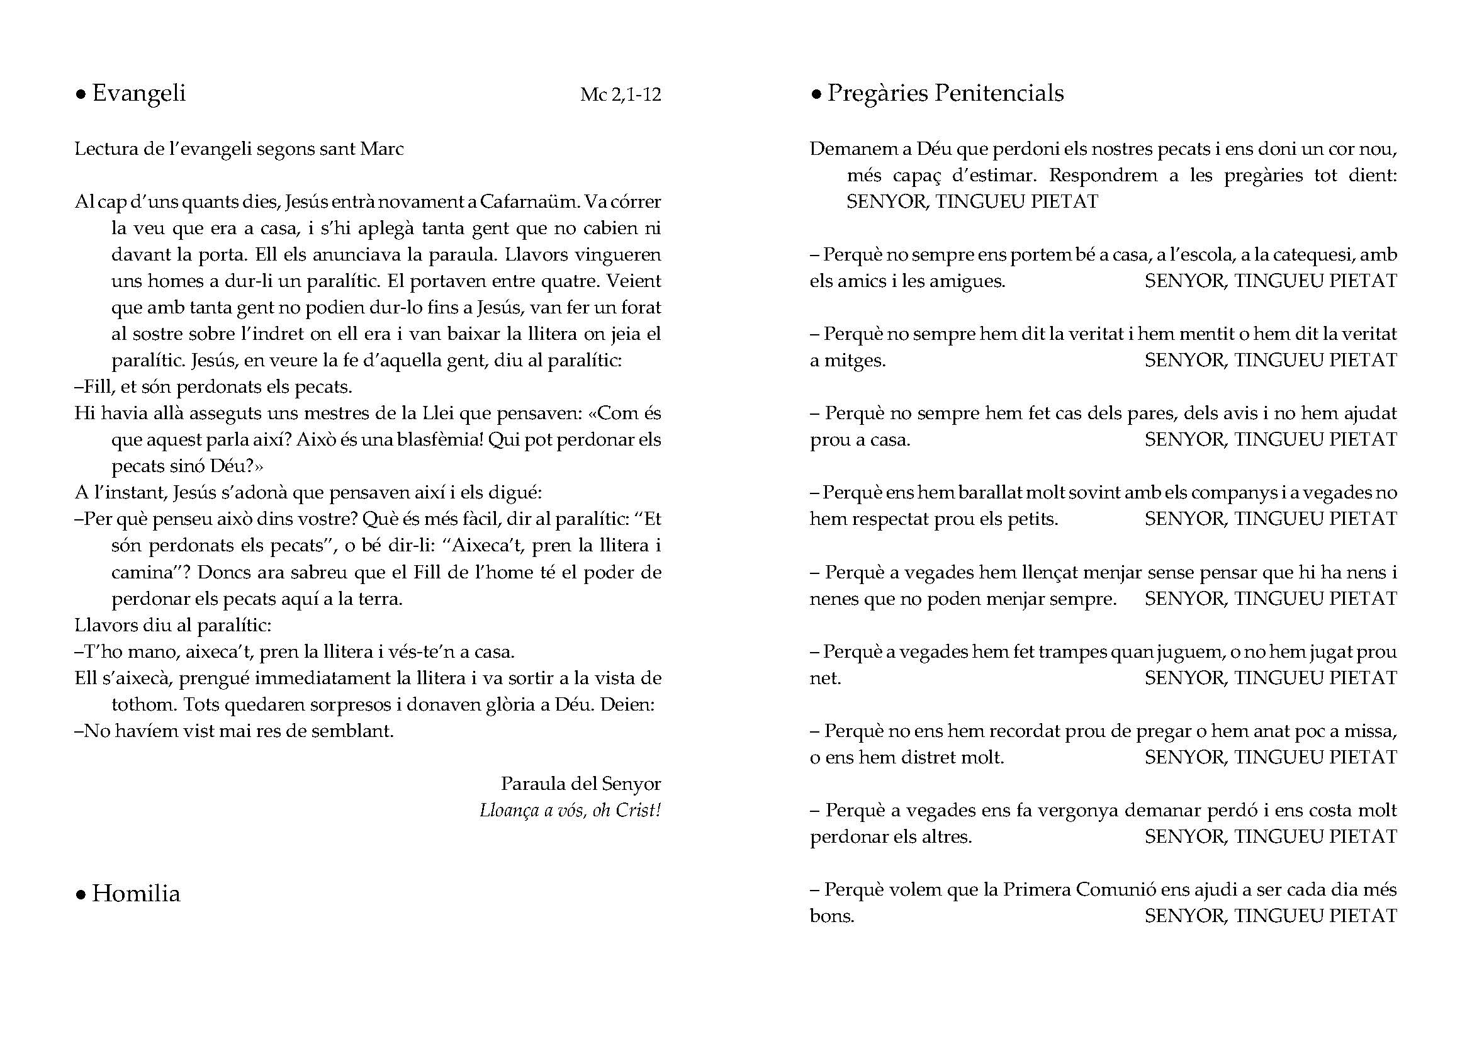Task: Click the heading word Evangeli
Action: pyautogui.click(x=138, y=94)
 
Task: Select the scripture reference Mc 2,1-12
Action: pyautogui.click(x=620, y=95)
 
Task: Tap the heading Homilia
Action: pyautogui.click(x=136, y=894)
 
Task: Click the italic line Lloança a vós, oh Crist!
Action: pyautogui.click(x=570, y=811)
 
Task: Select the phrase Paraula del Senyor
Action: pyautogui.click(x=580, y=784)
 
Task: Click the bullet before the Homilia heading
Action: pyautogui.click(x=81, y=896)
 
